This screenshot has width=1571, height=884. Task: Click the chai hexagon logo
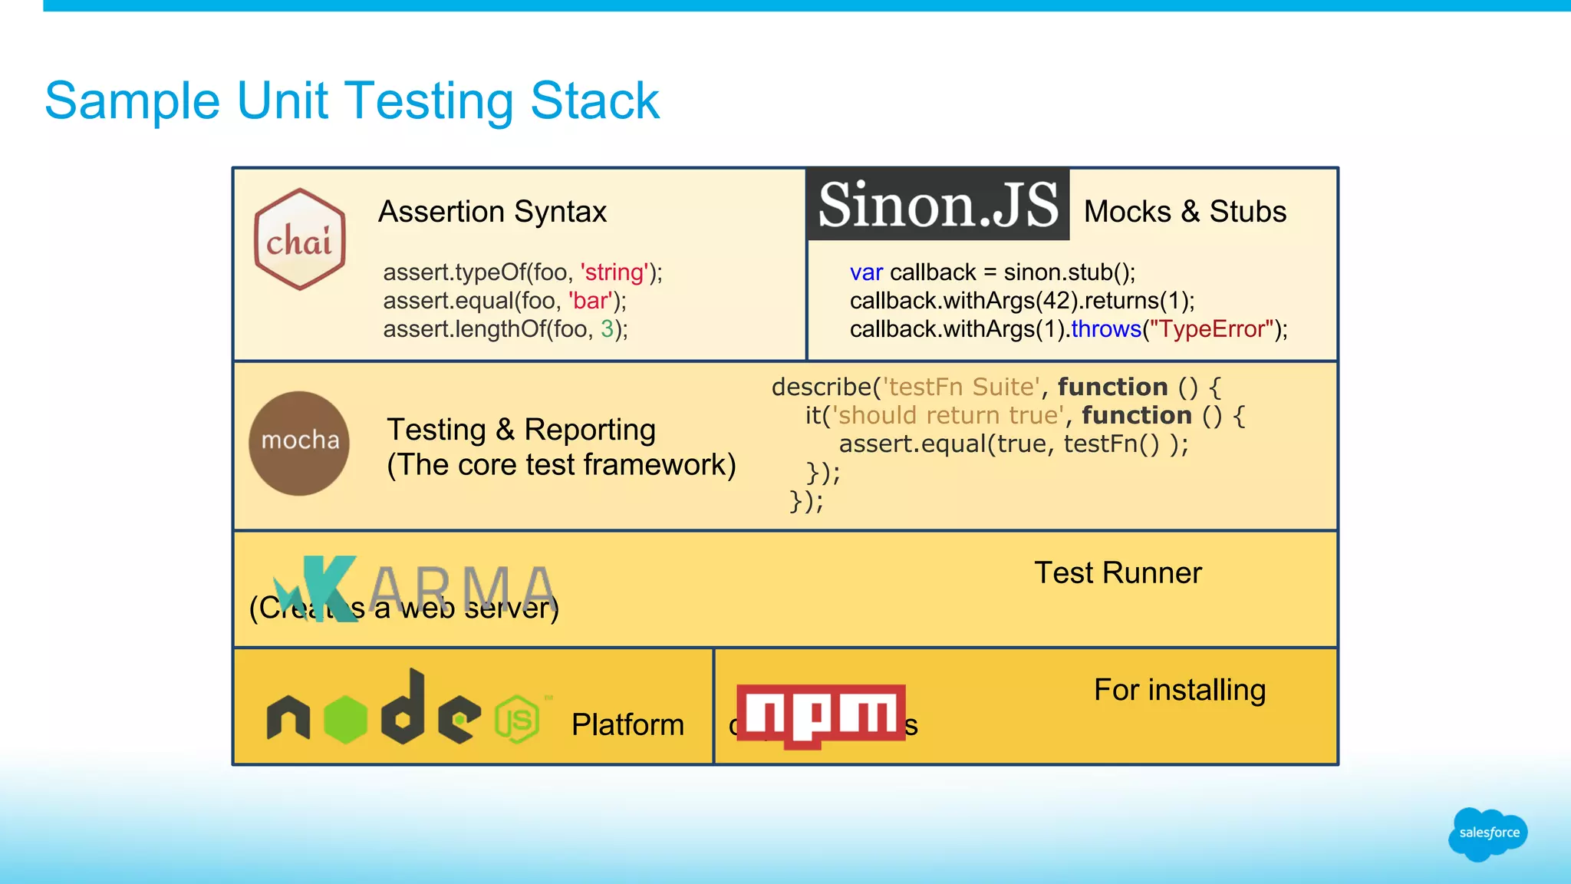[x=300, y=239]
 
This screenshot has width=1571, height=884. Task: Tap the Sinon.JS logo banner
[x=937, y=205]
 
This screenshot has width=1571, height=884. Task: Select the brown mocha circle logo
[x=299, y=443]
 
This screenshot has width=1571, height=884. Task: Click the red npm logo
[x=821, y=714]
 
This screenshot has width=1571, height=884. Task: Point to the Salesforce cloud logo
[x=1487, y=833]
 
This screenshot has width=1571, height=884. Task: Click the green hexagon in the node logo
[x=345, y=719]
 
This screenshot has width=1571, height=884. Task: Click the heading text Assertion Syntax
[x=492, y=212]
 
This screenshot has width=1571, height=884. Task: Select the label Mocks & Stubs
[x=1184, y=212]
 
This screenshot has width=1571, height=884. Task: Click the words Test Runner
[x=1117, y=573]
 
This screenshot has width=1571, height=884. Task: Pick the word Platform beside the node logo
[x=627, y=725]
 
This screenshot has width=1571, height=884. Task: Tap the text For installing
[x=1179, y=690]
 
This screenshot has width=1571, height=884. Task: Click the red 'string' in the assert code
[x=614, y=272]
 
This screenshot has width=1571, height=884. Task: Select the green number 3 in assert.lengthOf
[x=607, y=329]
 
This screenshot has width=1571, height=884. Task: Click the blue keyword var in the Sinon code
[x=866, y=272]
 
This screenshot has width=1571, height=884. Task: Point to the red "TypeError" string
[x=1211, y=329]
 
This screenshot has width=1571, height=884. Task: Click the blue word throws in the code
[x=1106, y=329]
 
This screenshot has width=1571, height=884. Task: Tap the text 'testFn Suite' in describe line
[x=961, y=387]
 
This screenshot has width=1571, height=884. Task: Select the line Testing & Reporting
[x=521, y=430]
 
